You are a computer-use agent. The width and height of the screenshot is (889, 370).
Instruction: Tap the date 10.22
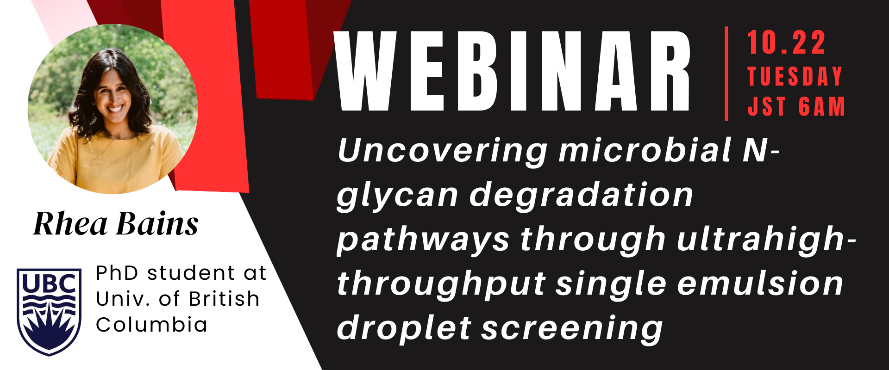pyautogui.click(x=786, y=43)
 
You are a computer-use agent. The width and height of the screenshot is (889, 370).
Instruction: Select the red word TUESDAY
pyautogui.click(x=795, y=76)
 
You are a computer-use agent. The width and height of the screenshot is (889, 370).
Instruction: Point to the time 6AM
pyautogui.click(x=822, y=106)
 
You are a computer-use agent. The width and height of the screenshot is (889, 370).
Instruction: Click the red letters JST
pyautogui.click(x=767, y=106)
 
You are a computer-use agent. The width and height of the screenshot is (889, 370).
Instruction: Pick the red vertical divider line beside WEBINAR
pyautogui.click(x=726, y=74)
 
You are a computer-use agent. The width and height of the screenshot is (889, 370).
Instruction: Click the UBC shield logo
pyautogui.click(x=49, y=312)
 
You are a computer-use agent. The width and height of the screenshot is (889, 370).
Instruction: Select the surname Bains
pyautogui.click(x=157, y=224)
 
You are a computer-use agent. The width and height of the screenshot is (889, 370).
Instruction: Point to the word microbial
pyautogui.click(x=645, y=150)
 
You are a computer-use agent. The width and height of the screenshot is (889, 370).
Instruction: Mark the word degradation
pyautogui.click(x=581, y=194)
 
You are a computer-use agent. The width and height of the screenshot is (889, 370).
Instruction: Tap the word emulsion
pyautogui.click(x=760, y=283)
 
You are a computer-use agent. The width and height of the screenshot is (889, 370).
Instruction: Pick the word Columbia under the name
pyautogui.click(x=151, y=324)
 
